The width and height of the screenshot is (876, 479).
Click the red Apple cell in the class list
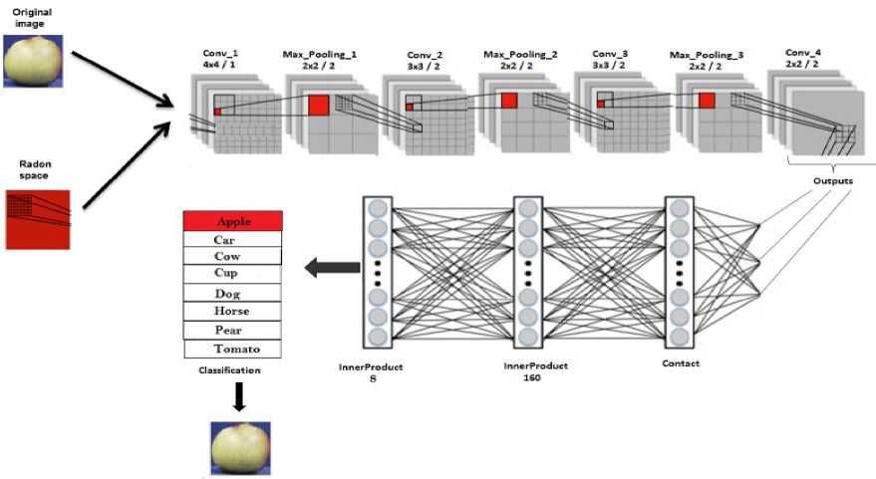[233, 221]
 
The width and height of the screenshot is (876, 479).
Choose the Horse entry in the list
[233, 312]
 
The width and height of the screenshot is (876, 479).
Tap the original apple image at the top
[33, 59]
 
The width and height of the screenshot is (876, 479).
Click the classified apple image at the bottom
[238, 447]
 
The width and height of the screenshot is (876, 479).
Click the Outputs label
[833, 180]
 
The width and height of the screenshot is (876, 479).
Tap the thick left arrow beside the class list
[328, 266]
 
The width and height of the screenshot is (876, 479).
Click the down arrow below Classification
[237, 397]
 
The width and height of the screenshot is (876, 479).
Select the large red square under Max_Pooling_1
[318, 106]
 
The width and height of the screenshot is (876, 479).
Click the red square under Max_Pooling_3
[707, 100]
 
